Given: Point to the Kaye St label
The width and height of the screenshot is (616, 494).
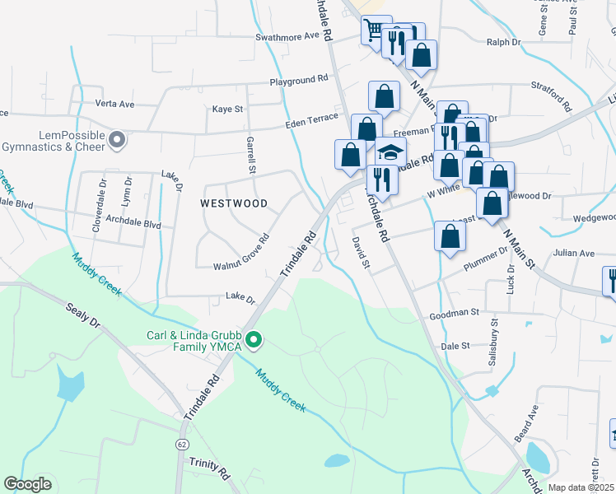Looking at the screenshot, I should pos(228,109).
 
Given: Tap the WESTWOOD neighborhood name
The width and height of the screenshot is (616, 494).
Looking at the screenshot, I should pos(234,203).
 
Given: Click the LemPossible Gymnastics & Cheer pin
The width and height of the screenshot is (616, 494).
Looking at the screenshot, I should pos(117,139).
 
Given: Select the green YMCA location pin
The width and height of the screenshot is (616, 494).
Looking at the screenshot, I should pos(254,338).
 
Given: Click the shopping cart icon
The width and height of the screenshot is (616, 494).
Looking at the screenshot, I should pos(374,30).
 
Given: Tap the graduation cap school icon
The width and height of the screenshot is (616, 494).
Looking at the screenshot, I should pos(391,152).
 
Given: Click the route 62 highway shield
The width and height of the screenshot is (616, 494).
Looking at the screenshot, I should pos(180,443).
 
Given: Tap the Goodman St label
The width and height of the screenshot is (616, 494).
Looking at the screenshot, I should pos(454,314).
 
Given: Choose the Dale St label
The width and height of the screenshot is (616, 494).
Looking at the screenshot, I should pos(455,347).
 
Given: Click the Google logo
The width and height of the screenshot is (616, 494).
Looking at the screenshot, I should pos(27,484).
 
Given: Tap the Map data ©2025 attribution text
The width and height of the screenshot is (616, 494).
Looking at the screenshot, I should pos(581,487).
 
